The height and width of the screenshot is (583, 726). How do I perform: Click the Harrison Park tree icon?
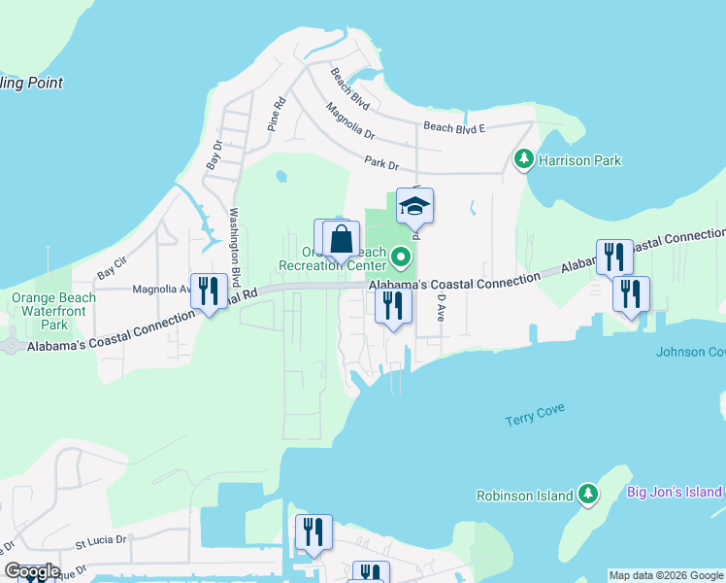coord(524,159)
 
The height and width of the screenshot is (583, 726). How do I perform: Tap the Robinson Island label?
coord(524,496)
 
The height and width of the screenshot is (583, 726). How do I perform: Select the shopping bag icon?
coord(342,238)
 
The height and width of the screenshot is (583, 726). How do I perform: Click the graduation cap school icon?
coord(414,206)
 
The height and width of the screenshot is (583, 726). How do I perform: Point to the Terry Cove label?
coord(535,419)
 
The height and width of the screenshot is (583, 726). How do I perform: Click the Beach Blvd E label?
coord(453,127)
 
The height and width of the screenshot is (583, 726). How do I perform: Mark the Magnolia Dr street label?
coord(349,121)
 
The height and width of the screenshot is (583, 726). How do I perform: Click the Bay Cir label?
coord(112,267)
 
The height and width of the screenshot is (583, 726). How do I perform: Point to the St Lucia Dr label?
coord(101,539)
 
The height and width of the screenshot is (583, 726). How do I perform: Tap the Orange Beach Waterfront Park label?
coord(53,311)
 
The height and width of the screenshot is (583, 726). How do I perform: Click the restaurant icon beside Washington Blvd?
coord(210,291)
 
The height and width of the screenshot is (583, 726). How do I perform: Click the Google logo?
coord(31,571)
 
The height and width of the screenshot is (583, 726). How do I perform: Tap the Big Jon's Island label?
coord(675,492)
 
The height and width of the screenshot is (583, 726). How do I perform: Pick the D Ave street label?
coord(440,310)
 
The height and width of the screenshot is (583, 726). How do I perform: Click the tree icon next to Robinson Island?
coord(587,495)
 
